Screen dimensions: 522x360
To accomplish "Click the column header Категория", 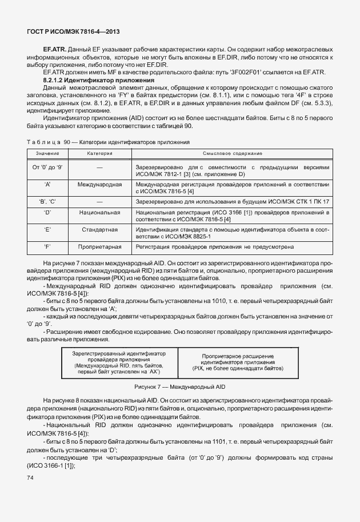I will (99, 154).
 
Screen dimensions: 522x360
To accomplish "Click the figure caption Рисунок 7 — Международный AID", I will (179, 387).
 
